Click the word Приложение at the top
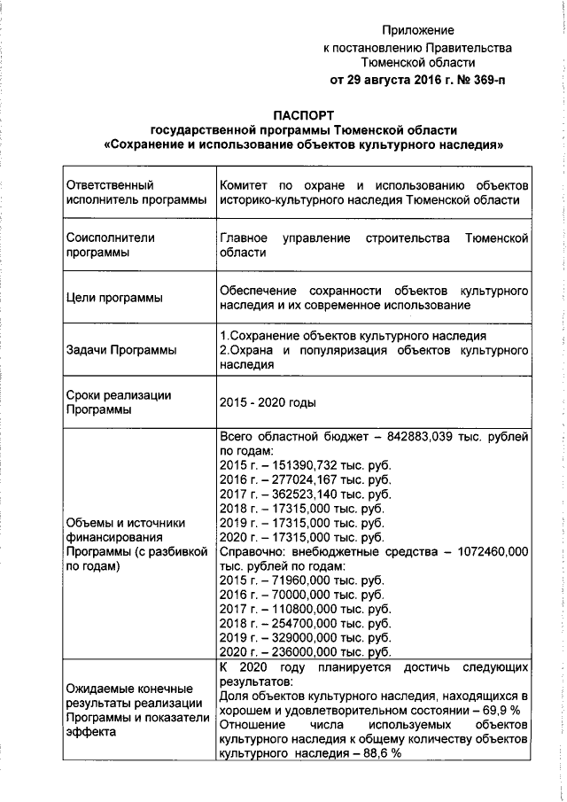pyautogui.click(x=423, y=30)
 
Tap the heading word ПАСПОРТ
pyautogui.click(x=304, y=113)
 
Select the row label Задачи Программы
pyautogui.click(x=121, y=350)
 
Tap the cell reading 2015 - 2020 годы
pyautogui.click(x=268, y=402)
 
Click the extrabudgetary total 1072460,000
pyautogui.click(x=489, y=550)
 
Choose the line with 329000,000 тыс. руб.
pyautogui.click(x=304, y=636)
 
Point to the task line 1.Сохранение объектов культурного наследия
pyautogui.click(x=352, y=337)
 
